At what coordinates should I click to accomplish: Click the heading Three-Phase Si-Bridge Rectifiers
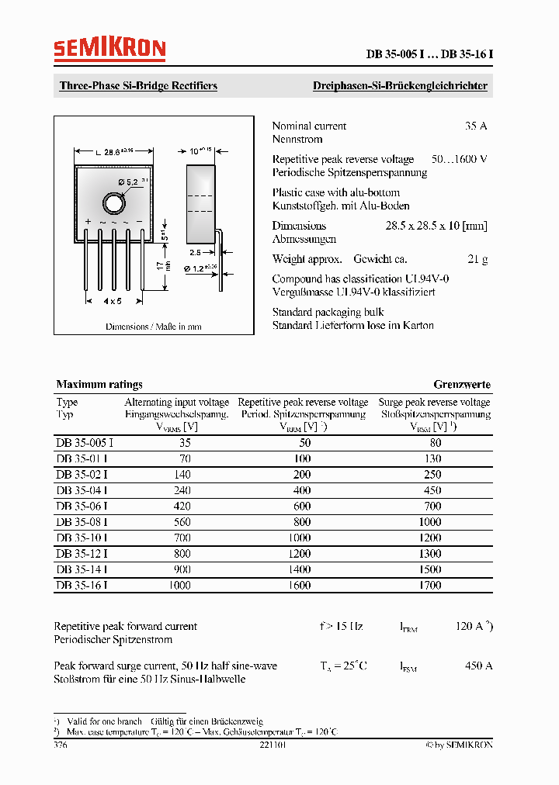(138, 86)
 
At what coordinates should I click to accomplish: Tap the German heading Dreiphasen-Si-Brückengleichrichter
(400, 86)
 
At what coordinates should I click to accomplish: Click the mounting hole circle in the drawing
(113, 203)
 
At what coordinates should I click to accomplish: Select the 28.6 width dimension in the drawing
(116, 153)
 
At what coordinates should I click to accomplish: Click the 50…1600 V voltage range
(459, 159)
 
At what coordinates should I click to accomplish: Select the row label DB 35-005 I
(85, 443)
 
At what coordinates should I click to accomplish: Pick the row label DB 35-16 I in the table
(82, 586)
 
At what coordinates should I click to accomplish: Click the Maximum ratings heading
(99, 385)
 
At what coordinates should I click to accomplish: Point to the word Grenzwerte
(462, 385)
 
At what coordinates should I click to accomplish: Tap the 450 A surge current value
(478, 666)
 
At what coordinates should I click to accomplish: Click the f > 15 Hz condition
(341, 626)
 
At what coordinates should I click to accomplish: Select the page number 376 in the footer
(61, 745)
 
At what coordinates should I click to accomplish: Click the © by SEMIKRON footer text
(459, 745)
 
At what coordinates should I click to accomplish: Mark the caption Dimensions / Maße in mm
(154, 327)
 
